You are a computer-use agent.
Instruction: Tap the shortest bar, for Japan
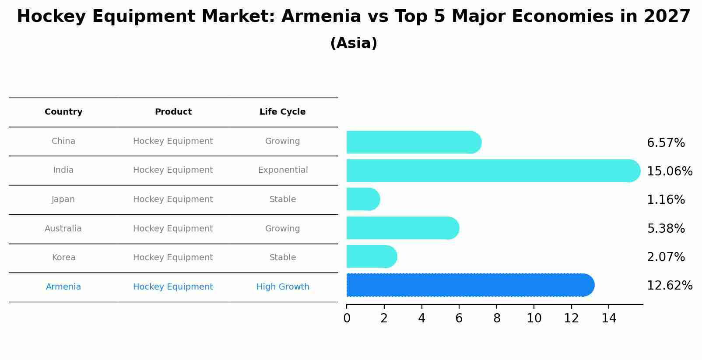point(363,199)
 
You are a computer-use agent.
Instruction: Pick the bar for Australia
point(402,228)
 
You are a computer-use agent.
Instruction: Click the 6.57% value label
point(665,143)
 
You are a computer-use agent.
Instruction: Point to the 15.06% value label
point(669,171)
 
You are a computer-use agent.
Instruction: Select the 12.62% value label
point(669,286)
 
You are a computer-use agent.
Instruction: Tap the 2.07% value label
point(665,257)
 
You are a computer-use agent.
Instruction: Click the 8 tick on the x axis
point(497,318)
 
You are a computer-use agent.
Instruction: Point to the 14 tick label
point(609,318)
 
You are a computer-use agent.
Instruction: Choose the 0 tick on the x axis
point(347,318)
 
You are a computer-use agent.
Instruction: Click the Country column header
point(63,112)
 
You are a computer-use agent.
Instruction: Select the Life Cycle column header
point(282,112)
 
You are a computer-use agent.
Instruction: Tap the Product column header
point(173,112)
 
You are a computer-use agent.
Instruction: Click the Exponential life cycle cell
point(283,170)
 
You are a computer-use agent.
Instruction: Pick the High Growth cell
point(283,287)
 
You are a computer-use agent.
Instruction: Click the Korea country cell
point(63,258)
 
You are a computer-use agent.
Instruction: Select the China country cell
point(63,141)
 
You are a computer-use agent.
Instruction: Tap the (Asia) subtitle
point(354,43)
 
